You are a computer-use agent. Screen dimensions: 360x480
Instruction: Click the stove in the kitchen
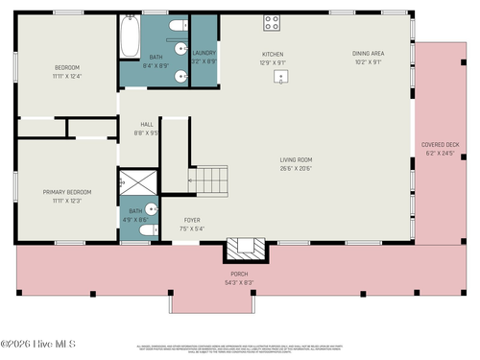272,22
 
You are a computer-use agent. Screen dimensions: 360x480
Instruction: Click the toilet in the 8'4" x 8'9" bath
169,24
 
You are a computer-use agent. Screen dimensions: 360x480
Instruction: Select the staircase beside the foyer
211,180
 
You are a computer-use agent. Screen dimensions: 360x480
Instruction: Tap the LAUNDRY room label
204,53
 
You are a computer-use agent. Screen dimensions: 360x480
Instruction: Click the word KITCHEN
273,54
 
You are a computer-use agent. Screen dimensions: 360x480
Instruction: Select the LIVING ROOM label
296,159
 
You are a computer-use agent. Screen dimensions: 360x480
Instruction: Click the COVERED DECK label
442,145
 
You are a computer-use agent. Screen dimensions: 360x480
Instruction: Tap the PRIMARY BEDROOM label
64,192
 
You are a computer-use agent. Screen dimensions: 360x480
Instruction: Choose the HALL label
147,124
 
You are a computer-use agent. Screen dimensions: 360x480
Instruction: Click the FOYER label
192,220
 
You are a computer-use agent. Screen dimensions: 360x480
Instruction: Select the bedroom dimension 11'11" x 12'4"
66,76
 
